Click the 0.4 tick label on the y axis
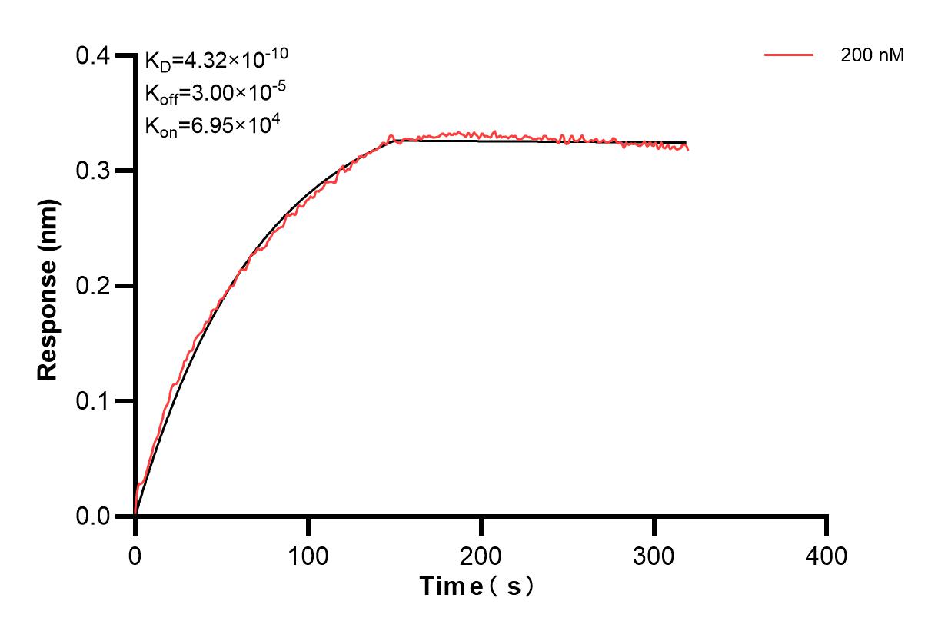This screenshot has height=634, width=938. pyautogui.click(x=93, y=56)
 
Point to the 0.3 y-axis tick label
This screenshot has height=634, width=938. pyautogui.click(x=93, y=171)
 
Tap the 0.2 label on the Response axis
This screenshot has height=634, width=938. pyautogui.click(x=93, y=286)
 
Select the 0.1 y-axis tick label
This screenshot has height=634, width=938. pyautogui.click(x=93, y=401)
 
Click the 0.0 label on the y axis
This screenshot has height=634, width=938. pyautogui.click(x=93, y=516)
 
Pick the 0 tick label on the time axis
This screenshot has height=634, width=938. pyautogui.click(x=135, y=555)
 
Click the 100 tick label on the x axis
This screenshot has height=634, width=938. pyautogui.click(x=308, y=555)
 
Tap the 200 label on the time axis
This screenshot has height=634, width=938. pyautogui.click(x=481, y=555)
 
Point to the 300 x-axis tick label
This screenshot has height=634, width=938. pyautogui.click(x=654, y=555)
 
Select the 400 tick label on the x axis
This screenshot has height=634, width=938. pyautogui.click(x=827, y=555)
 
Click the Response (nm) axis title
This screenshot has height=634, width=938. pyautogui.click(x=48, y=286)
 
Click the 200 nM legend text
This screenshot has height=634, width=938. pyautogui.click(x=873, y=55)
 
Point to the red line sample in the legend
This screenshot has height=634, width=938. pyautogui.click(x=789, y=55)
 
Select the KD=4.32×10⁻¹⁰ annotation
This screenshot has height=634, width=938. pyautogui.click(x=217, y=59)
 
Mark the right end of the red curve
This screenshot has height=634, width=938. pyautogui.click(x=687, y=149)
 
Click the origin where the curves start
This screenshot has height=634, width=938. pyautogui.click(x=135, y=516)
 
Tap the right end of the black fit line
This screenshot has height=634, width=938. pyautogui.click(x=687, y=142)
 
